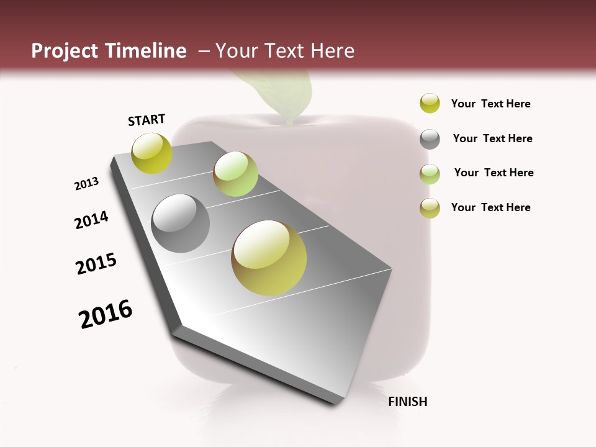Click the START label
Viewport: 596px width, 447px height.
tap(147, 120)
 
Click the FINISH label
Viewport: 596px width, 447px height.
tap(407, 402)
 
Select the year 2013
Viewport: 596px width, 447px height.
tap(87, 184)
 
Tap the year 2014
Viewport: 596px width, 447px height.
tap(91, 220)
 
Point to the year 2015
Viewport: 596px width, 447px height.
tap(96, 264)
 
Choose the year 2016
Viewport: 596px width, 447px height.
tap(106, 314)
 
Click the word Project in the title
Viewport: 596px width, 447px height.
tap(65, 51)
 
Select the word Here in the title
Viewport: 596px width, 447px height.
tap(332, 51)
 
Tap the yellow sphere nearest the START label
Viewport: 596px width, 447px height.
tap(151, 153)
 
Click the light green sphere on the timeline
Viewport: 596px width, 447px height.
tap(235, 174)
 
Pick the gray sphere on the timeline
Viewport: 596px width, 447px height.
tap(181, 223)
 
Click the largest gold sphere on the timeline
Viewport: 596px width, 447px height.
tap(269, 258)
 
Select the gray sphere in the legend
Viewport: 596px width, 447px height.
tap(430, 139)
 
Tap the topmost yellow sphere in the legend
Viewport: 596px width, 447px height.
tap(430, 104)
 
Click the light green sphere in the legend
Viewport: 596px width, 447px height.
tap(430, 174)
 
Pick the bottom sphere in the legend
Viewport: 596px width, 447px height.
tap(430, 208)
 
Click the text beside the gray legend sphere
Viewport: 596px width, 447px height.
tap(492, 138)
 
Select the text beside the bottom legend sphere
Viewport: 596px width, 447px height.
tap(490, 207)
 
